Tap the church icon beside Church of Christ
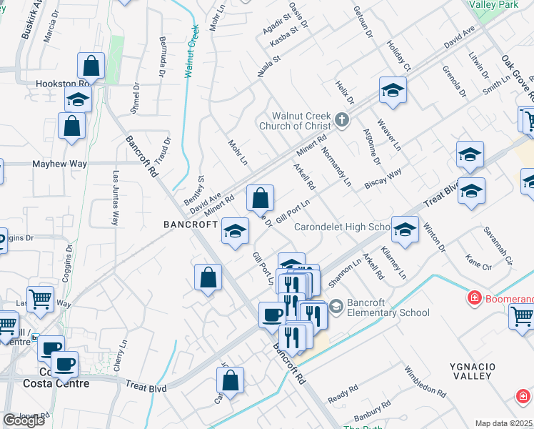pyautogui.click(x=343, y=119)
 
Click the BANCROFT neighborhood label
pyautogui.click(x=190, y=224)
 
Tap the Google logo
pyautogui.click(x=24, y=420)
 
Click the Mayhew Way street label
pyautogui.click(x=60, y=164)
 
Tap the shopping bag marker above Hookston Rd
pyautogui.click(x=92, y=66)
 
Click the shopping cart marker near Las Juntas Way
pyautogui.click(x=41, y=299)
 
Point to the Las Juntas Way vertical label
pyautogui.click(x=116, y=198)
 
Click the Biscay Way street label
pyautogui.click(x=383, y=177)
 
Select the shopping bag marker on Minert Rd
pyautogui.click(x=261, y=197)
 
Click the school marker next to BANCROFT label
pyautogui.click(x=235, y=230)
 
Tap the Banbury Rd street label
pyautogui.click(x=373, y=410)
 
